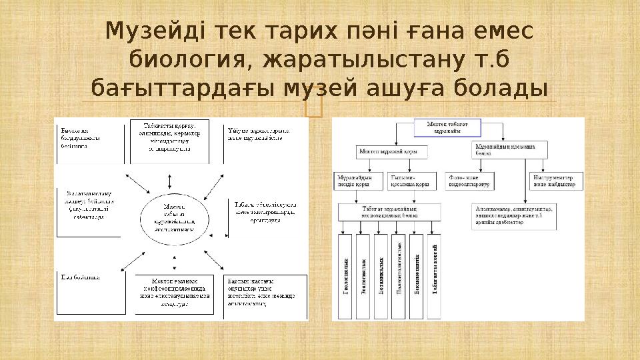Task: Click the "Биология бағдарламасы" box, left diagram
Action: [x=88, y=141]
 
